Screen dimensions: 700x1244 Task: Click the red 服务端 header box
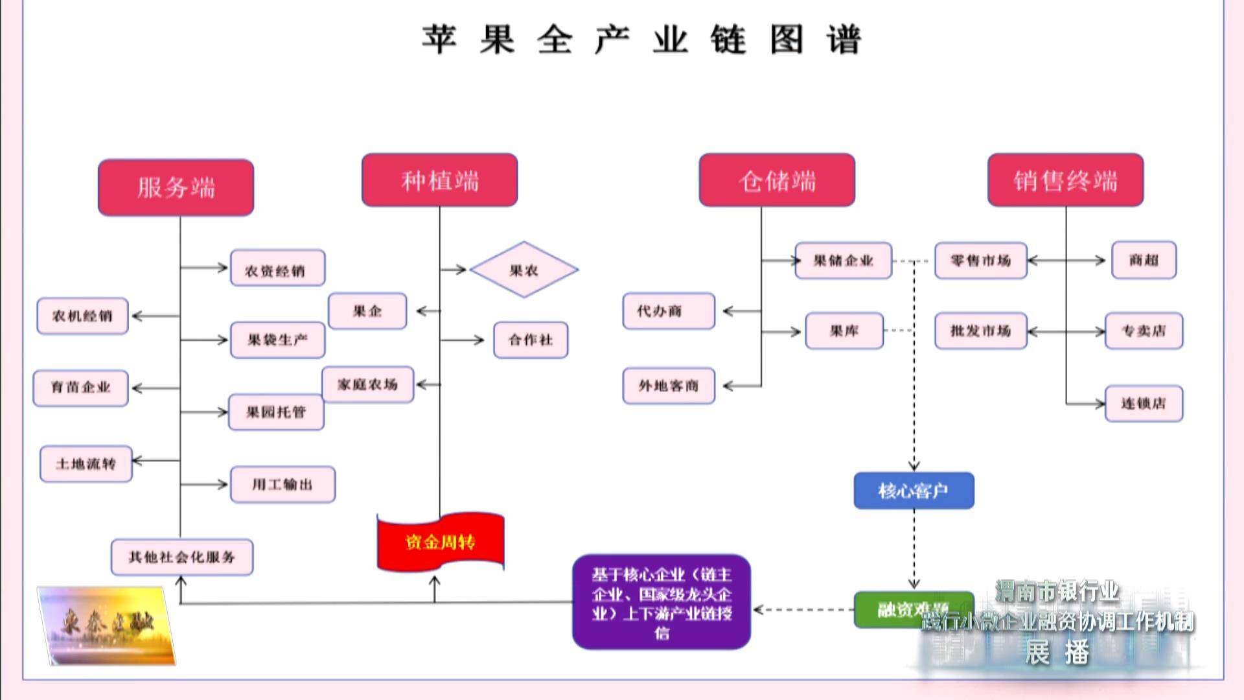(x=176, y=187)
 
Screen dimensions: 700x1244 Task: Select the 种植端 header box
(x=439, y=180)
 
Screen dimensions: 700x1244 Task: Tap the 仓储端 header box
(x=777, y=180)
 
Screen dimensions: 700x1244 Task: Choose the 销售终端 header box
(x=1065, y=180)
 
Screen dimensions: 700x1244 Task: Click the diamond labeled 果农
(x=524, y=270)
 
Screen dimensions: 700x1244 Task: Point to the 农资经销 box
(x=277, y=268)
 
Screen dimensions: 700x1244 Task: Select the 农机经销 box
(x=82, y=316)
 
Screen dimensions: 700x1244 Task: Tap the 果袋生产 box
(x=277, y=340)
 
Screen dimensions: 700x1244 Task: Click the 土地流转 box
(x=86, y=463)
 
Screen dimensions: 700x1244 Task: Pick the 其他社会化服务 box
(x=182, y=557)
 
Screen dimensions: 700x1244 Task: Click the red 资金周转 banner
(x=441, y=542)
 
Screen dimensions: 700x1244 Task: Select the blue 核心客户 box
(x=914, y=491)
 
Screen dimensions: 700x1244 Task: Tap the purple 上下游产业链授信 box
(x=662, y=602)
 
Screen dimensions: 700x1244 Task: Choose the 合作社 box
(x=531, y=340)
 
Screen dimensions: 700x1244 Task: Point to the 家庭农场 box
(x=367, y=384)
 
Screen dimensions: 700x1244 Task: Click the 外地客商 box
(x=669, y=386)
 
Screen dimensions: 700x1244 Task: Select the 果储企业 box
(x=843, y=261)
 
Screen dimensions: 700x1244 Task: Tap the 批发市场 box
(x=980, y=331)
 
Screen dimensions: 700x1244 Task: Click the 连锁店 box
(x=1144, y=403)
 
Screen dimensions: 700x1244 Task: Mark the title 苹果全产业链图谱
(x=641, y=39)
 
